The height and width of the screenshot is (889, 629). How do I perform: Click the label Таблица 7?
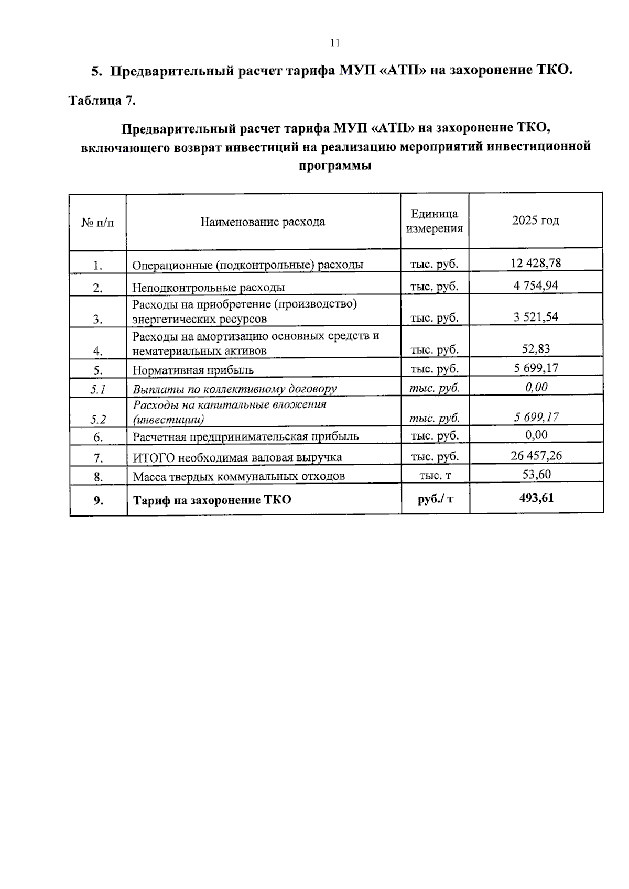pyautogui.click(x=102, y=101)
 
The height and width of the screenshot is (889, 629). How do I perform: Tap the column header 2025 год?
pyautogui.click(x=535, y=221)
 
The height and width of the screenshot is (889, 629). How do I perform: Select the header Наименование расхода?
pyautogui.click(x=263, y=222)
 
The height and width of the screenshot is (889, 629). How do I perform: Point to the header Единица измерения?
pyautogui.click(x=435, y=221)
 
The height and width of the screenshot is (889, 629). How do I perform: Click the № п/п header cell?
pyautogui.click(x=97, y=223)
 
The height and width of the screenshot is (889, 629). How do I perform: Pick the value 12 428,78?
pyautogui.click(x=536, y=263)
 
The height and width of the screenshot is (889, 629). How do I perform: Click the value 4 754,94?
pyautogui.click(x=536, y=286)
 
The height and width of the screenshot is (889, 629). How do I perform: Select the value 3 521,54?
pyautogui.click(x=536, y=316)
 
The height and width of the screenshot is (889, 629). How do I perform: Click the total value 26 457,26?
pyautogui.click(x=536, y=456)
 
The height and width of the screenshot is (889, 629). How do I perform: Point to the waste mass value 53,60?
pyautogui.click(x=536, y=475)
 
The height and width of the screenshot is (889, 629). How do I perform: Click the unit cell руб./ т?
pyautogui.click(x=435, y=499)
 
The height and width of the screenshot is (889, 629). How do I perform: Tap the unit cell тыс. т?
pyautogui.click(x=435, y=476)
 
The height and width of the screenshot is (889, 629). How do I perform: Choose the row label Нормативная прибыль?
pyautogui.click(x=193, y=370)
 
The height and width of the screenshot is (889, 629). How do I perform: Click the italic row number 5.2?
pyautogui.click(x=98, y=419)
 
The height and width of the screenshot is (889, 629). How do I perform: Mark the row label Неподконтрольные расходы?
pyautogui.click(x=209, y=288)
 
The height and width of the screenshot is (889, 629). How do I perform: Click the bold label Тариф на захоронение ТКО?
pyautogui.click(x=212, y=500)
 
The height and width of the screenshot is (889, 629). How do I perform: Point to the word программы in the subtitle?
pyautogui.click(x=335, y=166)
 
